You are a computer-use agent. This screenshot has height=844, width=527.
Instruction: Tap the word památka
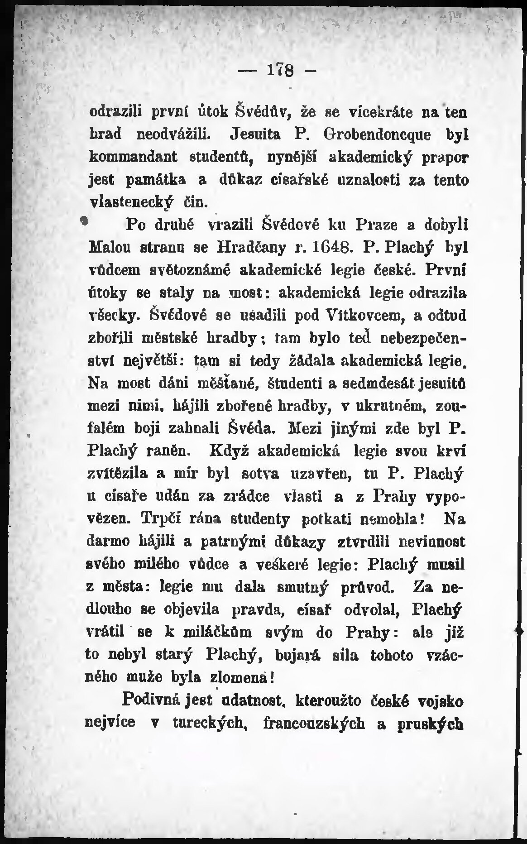(154, 180)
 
